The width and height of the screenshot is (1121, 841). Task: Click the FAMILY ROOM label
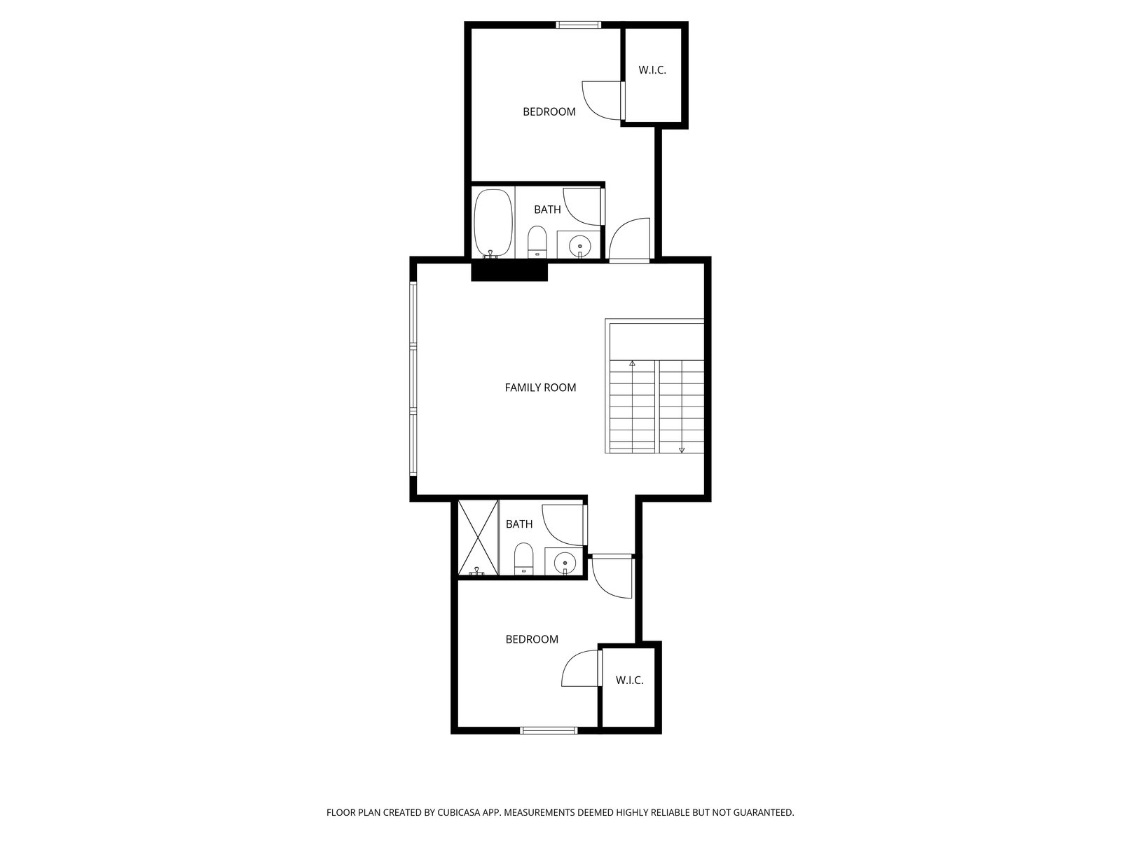point(540,388)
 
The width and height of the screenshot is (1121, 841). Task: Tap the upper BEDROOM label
point(549,112)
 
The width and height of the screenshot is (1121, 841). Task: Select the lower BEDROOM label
point(532,639)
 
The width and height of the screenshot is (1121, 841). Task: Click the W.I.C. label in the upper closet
point(652,71)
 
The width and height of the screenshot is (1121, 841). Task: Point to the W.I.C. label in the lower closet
point(629,680)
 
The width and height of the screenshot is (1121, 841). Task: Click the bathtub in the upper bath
point(493,224)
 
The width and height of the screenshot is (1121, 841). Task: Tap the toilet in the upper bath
point(537,242)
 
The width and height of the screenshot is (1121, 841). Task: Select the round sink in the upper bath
point(579,246)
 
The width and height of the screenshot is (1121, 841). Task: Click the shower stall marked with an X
point(478,538)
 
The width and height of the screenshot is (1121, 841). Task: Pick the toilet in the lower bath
point(523,560)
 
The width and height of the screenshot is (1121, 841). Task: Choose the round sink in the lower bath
point(565,563)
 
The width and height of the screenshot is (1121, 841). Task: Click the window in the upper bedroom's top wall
point(578,25)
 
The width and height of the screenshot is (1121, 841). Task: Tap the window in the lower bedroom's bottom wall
point(549,731)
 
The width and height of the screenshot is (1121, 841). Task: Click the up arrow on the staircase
point(632,364)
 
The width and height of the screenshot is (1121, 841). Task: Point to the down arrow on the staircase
point(681,450)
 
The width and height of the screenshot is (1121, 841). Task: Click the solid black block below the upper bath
point(509,271)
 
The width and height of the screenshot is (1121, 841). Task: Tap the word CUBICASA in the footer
point(459,812)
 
